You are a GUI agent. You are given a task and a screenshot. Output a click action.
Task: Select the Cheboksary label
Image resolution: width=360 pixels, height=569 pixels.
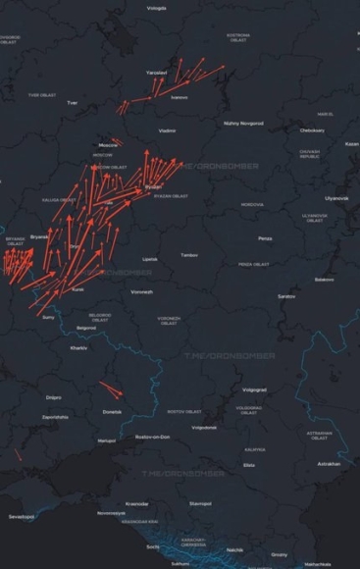312,129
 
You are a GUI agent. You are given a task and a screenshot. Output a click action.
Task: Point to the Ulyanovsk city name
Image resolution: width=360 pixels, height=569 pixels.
336,197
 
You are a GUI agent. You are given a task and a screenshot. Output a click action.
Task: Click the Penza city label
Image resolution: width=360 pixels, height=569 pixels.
266,238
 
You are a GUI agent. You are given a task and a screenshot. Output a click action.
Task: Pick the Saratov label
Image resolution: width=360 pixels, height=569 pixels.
286,295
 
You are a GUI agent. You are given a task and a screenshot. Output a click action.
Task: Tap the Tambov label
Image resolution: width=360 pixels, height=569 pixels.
189,255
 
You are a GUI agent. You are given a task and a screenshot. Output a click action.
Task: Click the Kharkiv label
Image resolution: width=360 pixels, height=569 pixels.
78,347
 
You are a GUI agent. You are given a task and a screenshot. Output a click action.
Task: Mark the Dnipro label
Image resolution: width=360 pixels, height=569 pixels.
53,397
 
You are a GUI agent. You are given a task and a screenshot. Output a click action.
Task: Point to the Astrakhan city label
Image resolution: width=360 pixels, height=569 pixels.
329,463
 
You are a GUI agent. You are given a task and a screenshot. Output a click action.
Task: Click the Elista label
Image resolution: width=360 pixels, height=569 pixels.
249,464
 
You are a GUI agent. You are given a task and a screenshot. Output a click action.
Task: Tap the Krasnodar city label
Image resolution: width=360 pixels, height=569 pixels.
137,503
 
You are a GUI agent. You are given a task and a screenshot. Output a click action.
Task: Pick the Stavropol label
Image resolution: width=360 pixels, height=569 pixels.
200,503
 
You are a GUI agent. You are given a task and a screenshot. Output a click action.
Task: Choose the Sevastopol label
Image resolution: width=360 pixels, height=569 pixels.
21,515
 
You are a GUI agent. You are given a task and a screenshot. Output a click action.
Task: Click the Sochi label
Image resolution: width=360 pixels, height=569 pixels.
152,546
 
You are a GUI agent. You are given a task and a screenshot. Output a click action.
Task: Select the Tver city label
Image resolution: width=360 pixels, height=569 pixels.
71,102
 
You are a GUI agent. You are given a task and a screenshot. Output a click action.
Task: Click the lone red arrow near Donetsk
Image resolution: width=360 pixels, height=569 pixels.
110,388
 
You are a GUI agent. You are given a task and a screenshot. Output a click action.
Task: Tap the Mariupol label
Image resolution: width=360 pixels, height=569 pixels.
106,440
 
